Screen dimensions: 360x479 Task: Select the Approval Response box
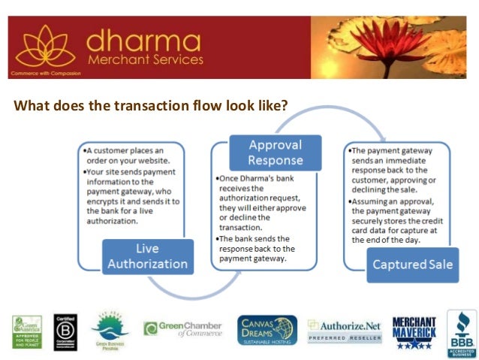tap(275, 153)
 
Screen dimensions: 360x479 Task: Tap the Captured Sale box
tap(412, 264)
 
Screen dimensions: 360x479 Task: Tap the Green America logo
tap(27, 331)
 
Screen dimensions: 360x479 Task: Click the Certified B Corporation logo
tap(65, 331)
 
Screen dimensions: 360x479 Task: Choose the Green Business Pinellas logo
tap(110, 331)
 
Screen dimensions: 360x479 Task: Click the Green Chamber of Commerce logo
tap(183, 329)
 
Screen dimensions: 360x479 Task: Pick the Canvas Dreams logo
tap(267, 330)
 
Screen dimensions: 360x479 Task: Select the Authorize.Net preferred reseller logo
tap(345, 331)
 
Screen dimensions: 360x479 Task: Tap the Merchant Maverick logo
tap(414, 331)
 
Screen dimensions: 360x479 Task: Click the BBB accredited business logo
tap(461, 331)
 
